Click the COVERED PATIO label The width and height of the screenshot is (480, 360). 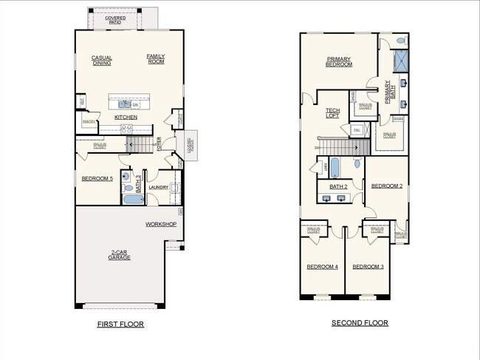(114, 19)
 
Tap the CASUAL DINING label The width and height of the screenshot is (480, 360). (102, 60)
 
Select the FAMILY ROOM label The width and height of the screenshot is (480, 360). (156, 58)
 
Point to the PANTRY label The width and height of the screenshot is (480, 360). (88, 121)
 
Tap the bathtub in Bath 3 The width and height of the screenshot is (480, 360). (134, 199)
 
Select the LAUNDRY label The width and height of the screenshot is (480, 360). (159, 187)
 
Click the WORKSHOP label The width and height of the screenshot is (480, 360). (160, 224)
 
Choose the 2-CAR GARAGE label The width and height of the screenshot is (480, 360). (120, 255)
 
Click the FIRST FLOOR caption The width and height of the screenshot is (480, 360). (120, 325)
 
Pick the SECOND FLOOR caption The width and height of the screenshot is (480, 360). (360, 323)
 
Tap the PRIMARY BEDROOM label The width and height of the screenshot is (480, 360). (340, 61)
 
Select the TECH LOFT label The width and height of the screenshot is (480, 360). (332, 113)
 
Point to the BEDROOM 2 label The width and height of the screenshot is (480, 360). (386, 186)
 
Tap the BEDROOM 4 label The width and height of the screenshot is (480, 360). (322, 266)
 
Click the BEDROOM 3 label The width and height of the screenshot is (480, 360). (367, 266)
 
